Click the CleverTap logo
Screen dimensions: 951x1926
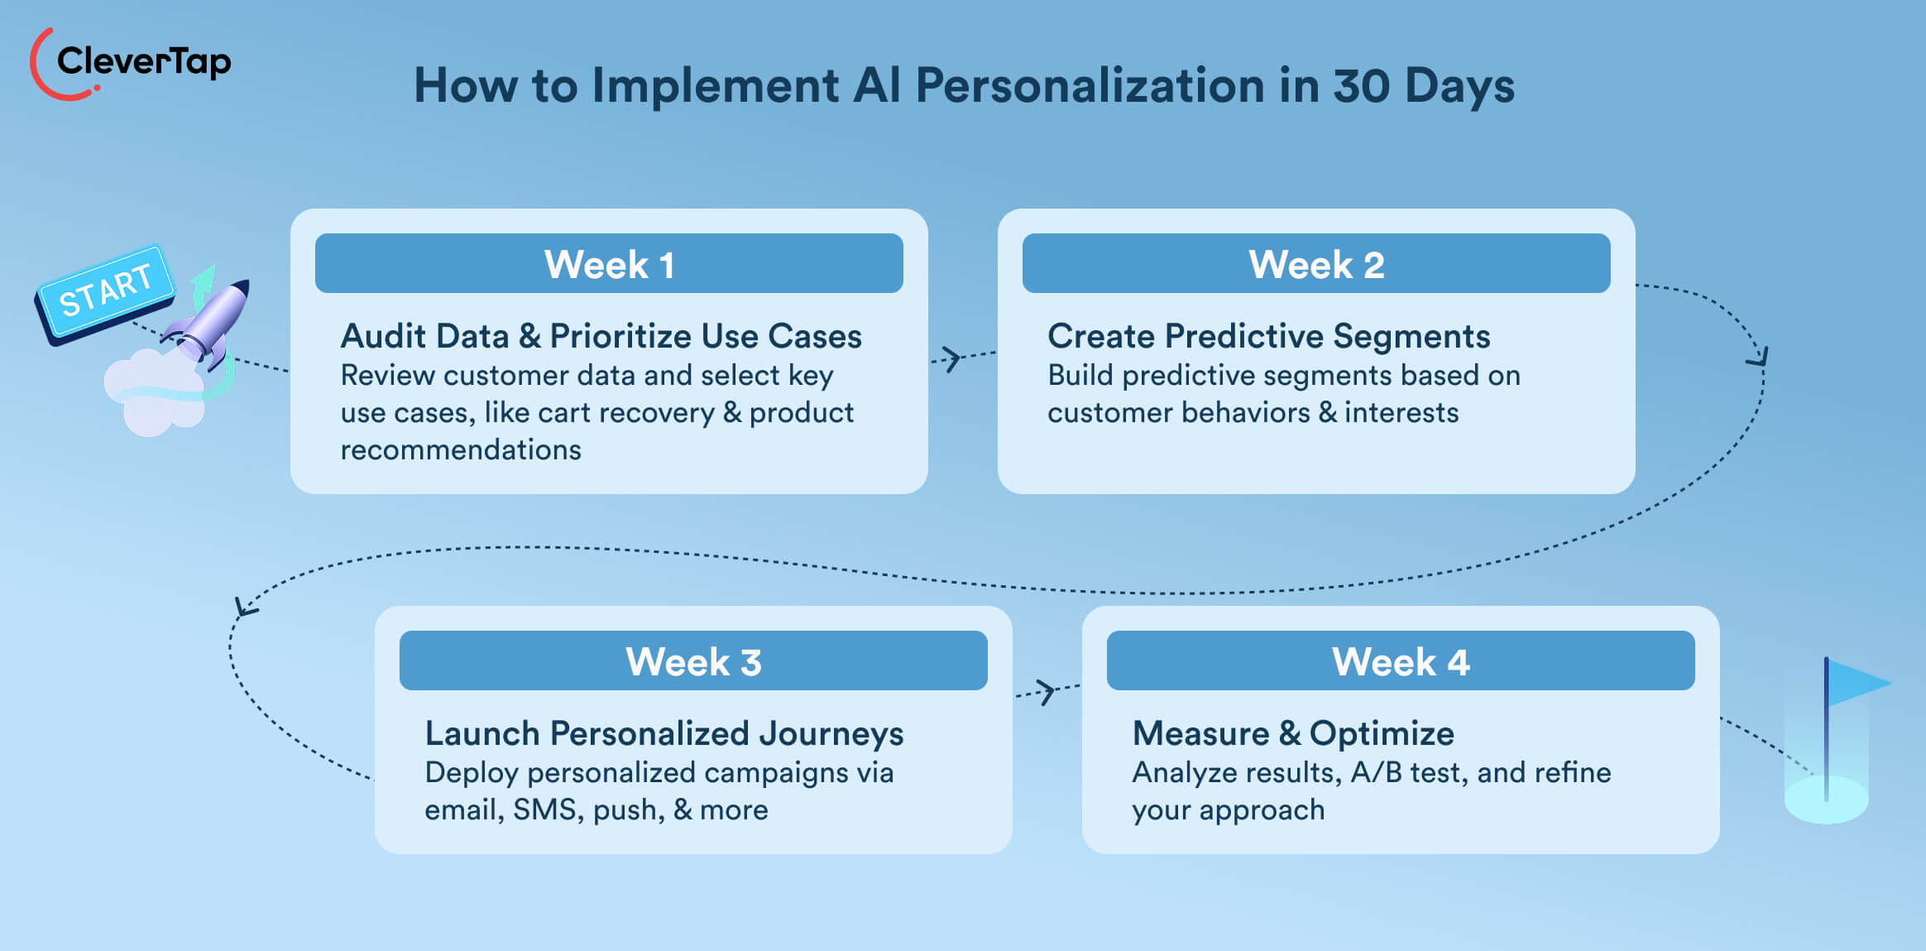[131, 63]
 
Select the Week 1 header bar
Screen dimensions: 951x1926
[609, 264]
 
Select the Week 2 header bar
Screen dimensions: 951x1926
[1315, 264]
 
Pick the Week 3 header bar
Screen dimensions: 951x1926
[693, 661]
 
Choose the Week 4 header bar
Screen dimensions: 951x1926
[1400, 661]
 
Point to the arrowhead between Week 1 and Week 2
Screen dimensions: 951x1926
[951, 358]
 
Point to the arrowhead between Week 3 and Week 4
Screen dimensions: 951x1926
[1047, 691]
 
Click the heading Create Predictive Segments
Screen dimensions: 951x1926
[1268, 336]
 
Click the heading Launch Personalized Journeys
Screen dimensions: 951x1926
[664, 733]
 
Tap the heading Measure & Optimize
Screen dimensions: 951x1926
[1292, 733]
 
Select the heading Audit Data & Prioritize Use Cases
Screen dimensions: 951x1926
[601, 336]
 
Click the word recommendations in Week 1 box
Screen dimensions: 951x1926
[461, 450]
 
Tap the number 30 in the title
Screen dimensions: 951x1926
[1361, 85]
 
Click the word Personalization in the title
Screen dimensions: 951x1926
[1090, 85]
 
